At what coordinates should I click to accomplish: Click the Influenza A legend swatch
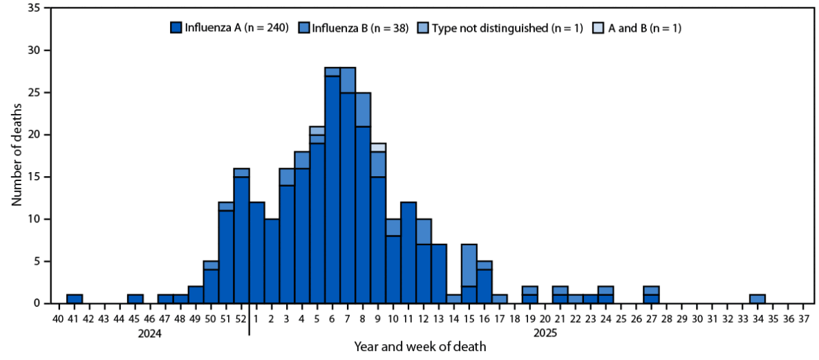[x=176, y=28]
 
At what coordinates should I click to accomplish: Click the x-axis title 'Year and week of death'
[x=420, y=346]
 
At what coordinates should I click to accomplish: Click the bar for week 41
[x=75, y=299]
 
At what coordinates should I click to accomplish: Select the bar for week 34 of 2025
[x=757, y=299]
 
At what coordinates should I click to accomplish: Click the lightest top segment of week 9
[x=378, y=147]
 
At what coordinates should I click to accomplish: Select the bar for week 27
[x=651, y=295]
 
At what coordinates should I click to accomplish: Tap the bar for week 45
[x=135, y=299]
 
